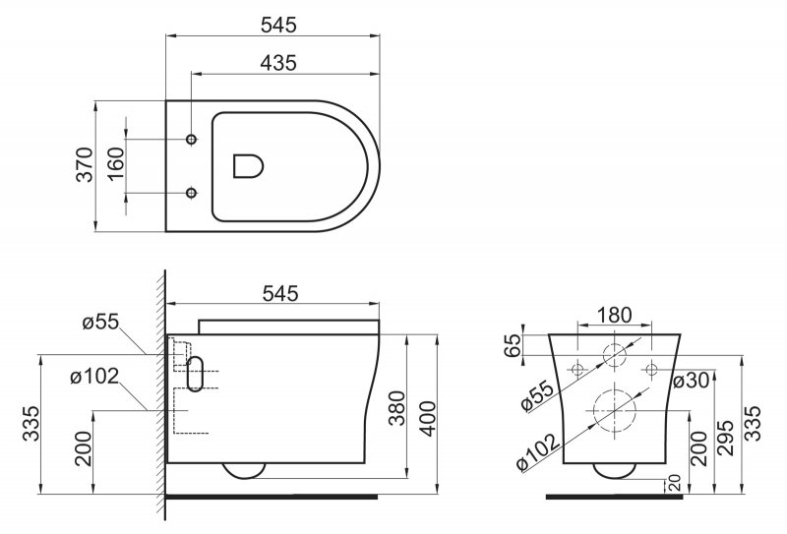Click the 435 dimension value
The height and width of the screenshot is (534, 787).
[278, 63]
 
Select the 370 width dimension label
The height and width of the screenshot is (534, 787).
[85, 164]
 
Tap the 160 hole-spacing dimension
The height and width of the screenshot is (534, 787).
[115, 164]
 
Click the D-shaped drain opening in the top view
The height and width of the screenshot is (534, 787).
[249, 165]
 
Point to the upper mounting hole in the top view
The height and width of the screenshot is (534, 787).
[191, 139]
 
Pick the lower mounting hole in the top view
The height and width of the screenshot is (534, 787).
[191, 192]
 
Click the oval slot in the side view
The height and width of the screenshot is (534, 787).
[195, 374]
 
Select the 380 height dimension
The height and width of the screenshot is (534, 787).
[397, 407]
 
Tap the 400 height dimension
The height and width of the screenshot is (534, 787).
[427, 419]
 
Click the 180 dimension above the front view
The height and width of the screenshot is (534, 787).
[615, 315]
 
